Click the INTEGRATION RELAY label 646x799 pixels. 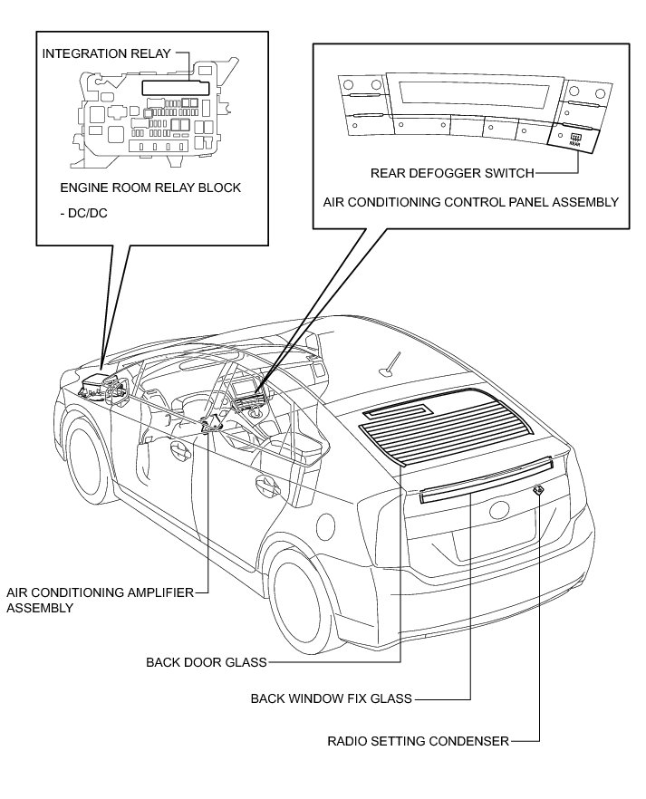[x=104, y=53]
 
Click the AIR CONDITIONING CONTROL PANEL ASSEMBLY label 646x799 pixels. [x=471, y=202]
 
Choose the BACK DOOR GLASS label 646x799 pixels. [x=207, y=662]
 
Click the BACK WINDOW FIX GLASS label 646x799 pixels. [x=331, y=698]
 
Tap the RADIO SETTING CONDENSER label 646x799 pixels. [x=419, y=741]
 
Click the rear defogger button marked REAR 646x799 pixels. [x=573, y=139]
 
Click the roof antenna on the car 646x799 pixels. [x=388, y=362]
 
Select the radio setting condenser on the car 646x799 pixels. [x=539, y=490]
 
